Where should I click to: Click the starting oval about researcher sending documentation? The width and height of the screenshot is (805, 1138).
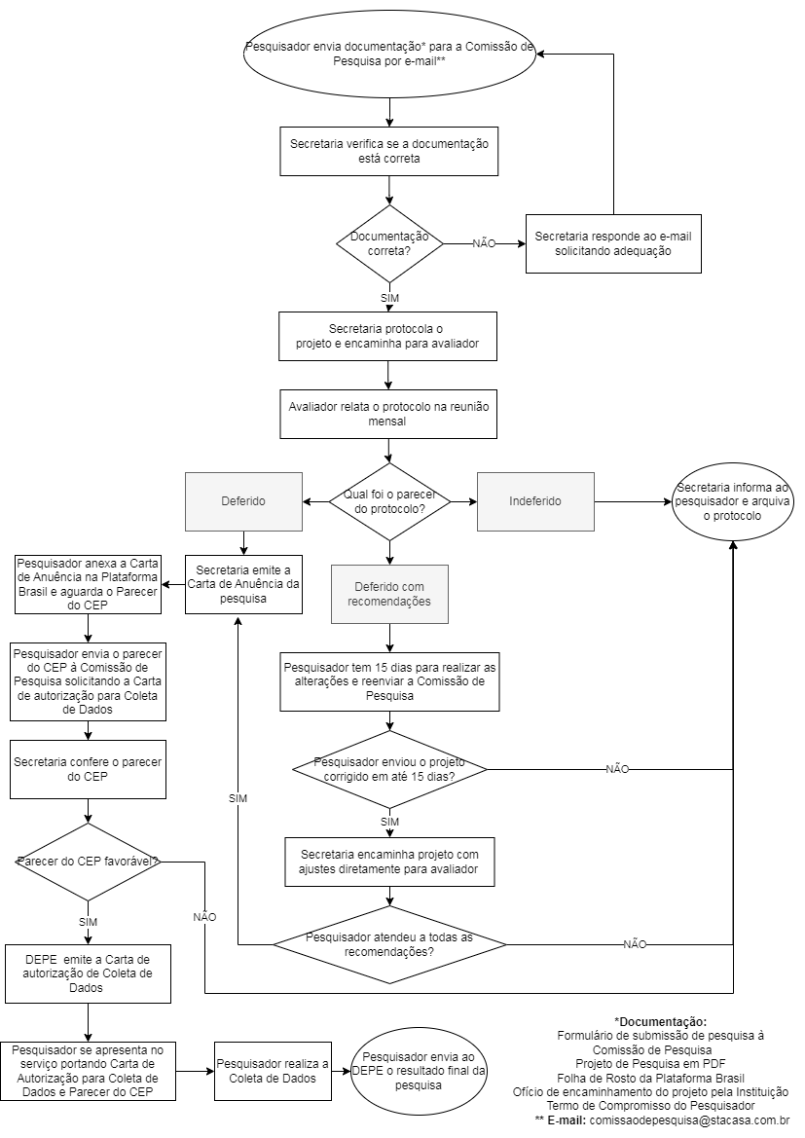[x=389, y=53]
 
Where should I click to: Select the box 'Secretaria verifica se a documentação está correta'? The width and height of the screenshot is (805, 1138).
[x=389, y=151]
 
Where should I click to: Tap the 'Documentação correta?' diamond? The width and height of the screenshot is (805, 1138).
[x=389, y=243]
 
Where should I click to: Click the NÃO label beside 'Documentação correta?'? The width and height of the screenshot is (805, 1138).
[x=484, y=243]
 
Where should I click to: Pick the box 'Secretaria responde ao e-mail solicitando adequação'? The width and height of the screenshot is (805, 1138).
[x=613, y=243]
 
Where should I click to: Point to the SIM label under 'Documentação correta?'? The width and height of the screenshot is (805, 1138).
[x=389, y=298]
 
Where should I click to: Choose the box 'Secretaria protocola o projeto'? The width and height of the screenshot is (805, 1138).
[x=389, y=336]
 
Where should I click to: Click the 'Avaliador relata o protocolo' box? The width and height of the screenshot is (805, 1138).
[x=389, y=414]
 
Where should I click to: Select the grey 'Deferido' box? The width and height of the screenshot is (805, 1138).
[x=243, y=501]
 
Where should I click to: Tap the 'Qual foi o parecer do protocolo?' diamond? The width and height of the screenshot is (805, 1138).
[x=389, y=501]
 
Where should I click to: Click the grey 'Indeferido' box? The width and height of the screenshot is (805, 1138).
[x=535, y=501]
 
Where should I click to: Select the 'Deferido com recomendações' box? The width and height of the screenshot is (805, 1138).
[x=389, y=594]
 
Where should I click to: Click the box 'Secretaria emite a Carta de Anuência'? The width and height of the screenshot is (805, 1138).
[x=243, y=584]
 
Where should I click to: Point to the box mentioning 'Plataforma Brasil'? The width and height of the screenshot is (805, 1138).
[x=88, y=584]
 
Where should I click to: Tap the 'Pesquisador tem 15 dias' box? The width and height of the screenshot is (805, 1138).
[x=389, y=681]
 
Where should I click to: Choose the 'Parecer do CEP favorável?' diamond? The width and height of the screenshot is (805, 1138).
[x=88, y=862]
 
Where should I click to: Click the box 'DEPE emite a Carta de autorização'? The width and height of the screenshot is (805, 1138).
[x=88, y=973]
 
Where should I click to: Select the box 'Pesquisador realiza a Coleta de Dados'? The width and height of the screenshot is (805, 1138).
[x=273, y=1071]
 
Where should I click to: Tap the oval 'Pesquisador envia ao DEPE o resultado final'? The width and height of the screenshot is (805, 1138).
[x=419, y=1071]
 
